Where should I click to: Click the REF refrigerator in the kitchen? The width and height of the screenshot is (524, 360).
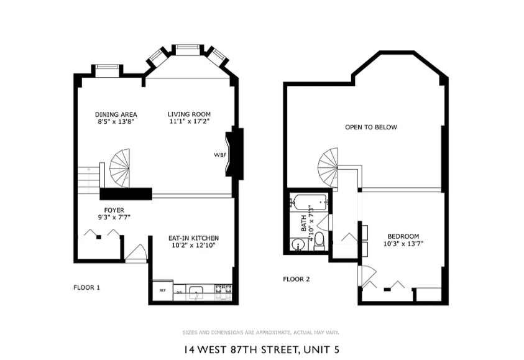(162, 290)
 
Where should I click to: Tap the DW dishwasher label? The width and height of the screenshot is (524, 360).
(179, 292)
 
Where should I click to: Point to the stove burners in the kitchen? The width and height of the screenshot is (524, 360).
(223, 289)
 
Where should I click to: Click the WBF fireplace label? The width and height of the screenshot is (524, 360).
(219, 155)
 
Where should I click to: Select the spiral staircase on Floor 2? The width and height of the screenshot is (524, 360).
(329, 166)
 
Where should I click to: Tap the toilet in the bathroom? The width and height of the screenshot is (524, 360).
(319, 241)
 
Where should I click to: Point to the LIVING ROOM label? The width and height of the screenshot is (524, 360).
(189, 114)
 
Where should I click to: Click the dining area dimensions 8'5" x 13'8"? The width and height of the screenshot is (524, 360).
(116, 122)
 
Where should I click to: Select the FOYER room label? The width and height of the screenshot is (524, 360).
(114, 210)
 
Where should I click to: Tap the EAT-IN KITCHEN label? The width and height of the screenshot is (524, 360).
(193, 238)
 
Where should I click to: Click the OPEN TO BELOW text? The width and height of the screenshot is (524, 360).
(371, 127)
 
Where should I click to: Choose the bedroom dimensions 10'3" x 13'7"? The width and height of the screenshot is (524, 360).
(403, 244)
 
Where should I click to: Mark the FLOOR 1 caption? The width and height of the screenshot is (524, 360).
(86, 287)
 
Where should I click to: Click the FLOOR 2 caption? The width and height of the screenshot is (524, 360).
(296, 279)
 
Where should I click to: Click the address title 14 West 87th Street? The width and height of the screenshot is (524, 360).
(261, 349)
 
